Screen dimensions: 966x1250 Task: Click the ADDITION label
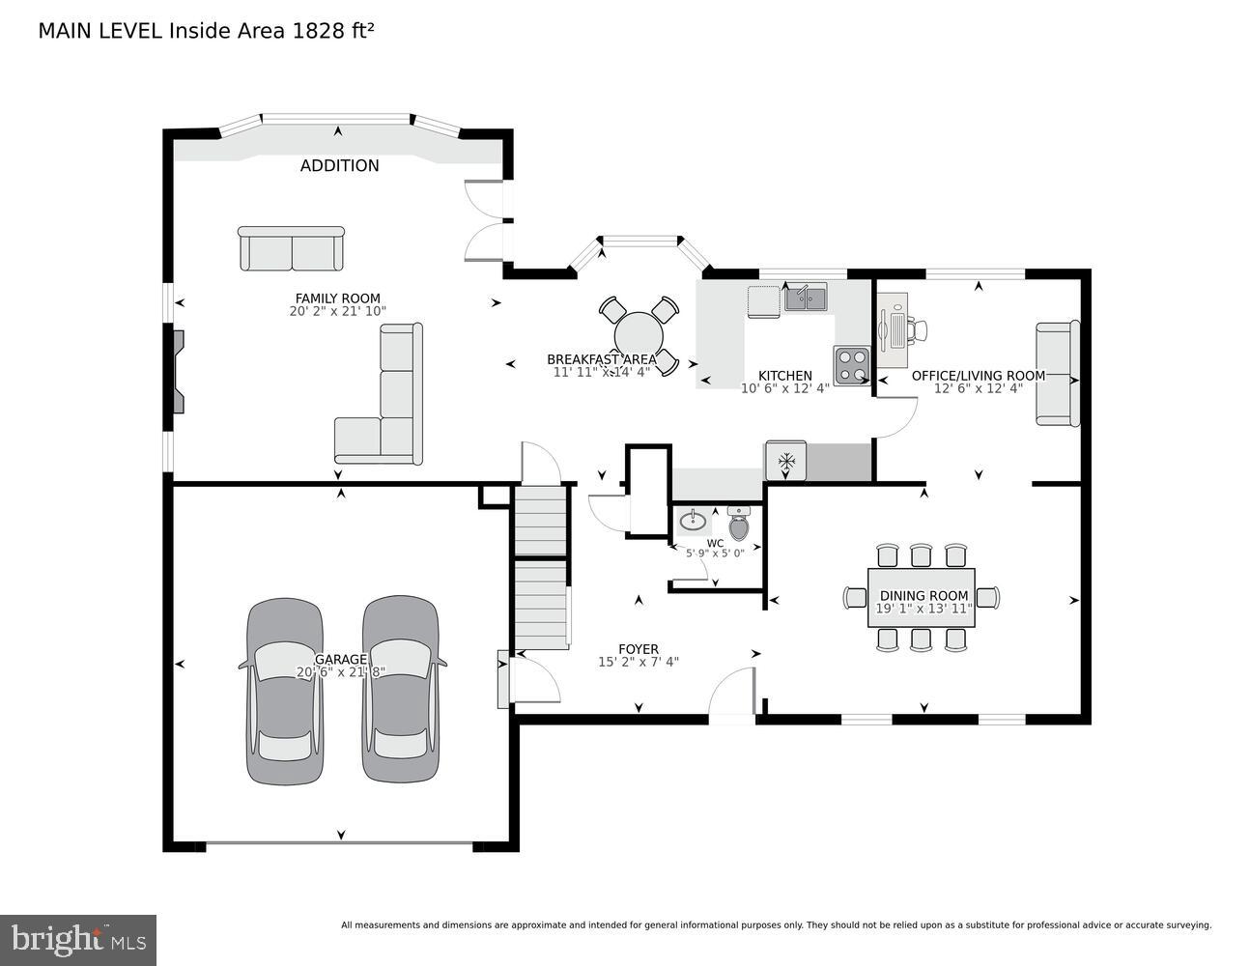pyautogui.click(x=339, y=166)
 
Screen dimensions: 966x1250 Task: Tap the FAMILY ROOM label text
pyautogui.click(x=337, y=298)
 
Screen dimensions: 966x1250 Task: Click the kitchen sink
pyautogui.click(x=805, y=298)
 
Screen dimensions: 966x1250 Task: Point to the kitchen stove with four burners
pyautogui.click(x=852, y=365)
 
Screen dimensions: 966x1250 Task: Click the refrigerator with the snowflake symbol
pyautogui.click(x=786, y=461)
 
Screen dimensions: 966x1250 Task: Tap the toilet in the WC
pyautogui.click(x=739, y=525)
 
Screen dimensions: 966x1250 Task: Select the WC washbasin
pyautogui.click(x=693, y=522)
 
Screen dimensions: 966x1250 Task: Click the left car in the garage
pyautogui.click(x=285, y=691)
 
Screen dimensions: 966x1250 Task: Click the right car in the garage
pyautogui.click(x=401, y=689)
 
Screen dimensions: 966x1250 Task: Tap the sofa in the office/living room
pyautogui.click(x=1057, y=374)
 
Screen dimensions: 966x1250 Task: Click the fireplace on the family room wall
pyautogui.click(x=178, y=371)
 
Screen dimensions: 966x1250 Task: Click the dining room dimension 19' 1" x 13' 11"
pyautogui.click(x=923, y=609)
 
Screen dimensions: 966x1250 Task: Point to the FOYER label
pyautogui.click(x=639, y=649)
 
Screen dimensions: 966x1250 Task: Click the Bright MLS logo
pyautogui.click(x=78, y=939)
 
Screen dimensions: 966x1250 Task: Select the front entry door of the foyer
pyautogui.click(x=731, y=696)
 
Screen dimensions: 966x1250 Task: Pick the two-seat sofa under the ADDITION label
pyautogui.click(x=291, y=249)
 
